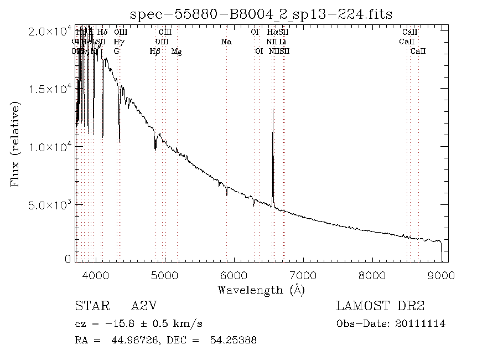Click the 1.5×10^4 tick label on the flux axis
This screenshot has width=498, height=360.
pyautogui.click(x=50, y=90)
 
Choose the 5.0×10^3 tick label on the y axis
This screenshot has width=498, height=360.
pyautogui.click(x=50, y=205)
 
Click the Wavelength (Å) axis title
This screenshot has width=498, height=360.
pyautogui.click(x=261, y=289)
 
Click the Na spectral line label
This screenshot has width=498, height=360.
pyautogui.click(x=226, y=42)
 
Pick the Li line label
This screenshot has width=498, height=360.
pyautogui.click(x=282, y=42)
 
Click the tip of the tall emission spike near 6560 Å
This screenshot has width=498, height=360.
pyautogui.click(x=273, y=109)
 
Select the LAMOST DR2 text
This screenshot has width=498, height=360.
pyautogui.click(x=380, y=307)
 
